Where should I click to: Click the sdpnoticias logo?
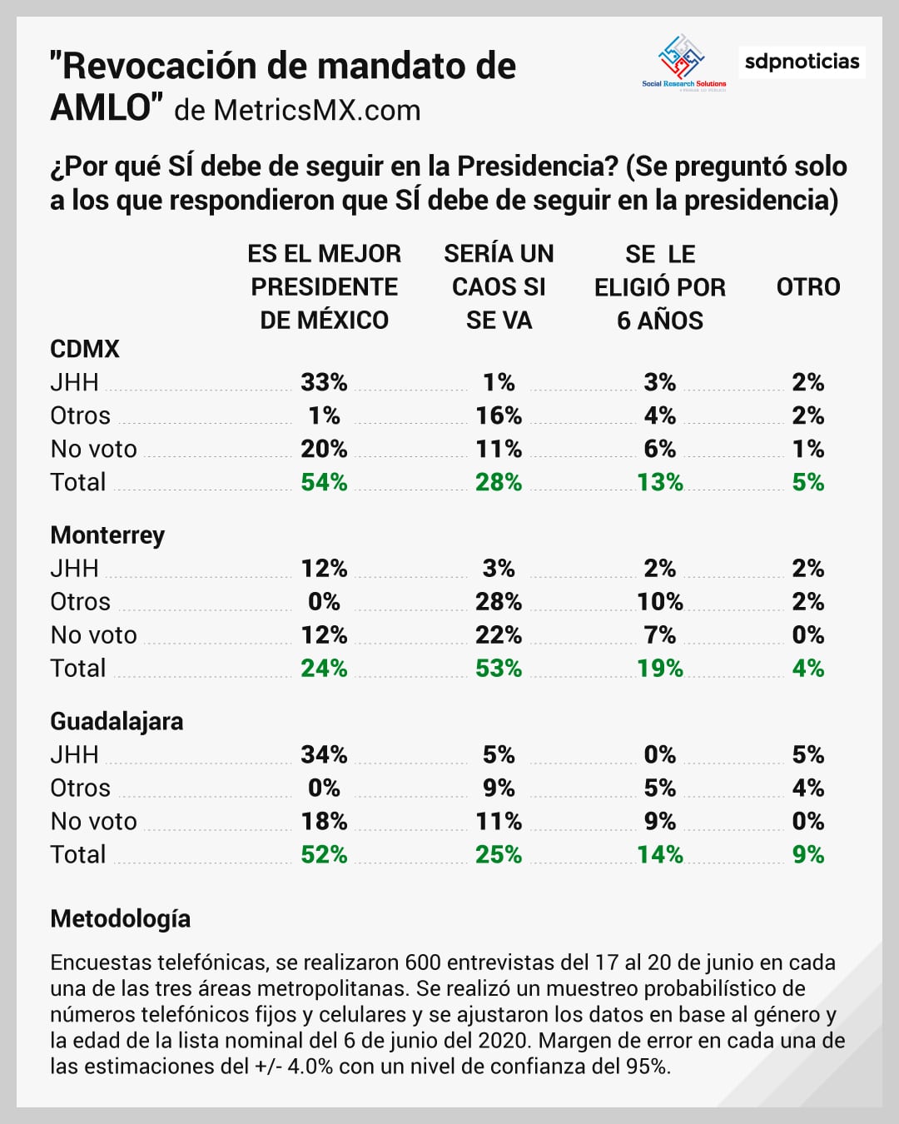pyautogui.click(x=802, y=62)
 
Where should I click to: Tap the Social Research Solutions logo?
pyautogui.click(x=683, y=62)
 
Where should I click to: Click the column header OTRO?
pyautogui.click(x=807, y=287)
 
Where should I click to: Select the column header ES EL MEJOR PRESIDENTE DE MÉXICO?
pyautogui.click(x=324, y=287)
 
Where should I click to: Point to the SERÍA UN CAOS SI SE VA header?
pyautogui.click(x=499, y=287)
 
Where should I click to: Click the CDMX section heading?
pyautogui.click(x=85, y=349)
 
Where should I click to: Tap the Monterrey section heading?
pyautogui.click(x=107, y=535)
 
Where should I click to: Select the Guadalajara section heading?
pyautogui.click(x=117, y=721)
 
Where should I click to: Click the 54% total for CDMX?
pyautogui.click(x=324, y=482)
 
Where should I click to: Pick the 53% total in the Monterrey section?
pyautogui.click(x=499, y=669)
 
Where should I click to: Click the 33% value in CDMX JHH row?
pyautogui.click(x=324, y=382)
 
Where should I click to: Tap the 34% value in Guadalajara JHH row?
pyautogui.click(x=324, y=754)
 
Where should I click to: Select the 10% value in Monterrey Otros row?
pyautogui.click(x=660, y=602)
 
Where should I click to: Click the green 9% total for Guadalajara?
pyautogui.click(x=807, y=854)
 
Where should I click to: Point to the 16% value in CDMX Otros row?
pyautogui.click(x=499, y=415)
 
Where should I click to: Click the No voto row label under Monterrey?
pyautogui.click(x=93, y=635)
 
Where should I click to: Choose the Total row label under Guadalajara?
pyautogui.click(x=78, y=854)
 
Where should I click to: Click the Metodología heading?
pyautogui.click(x=120, y=918)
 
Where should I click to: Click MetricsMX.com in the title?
pyautogui.click(x=317, y=111)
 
